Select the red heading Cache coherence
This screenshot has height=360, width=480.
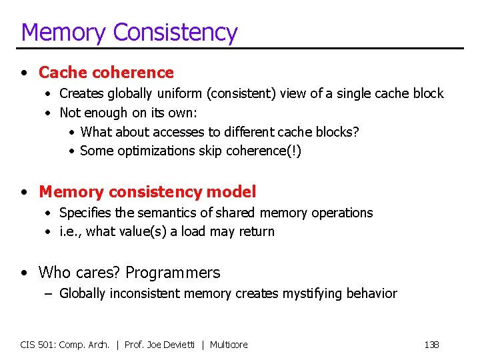tap(106, 72)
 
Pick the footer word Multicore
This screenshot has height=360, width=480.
tap(229, 345)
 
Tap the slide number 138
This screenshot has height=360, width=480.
tap(431, 345)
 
